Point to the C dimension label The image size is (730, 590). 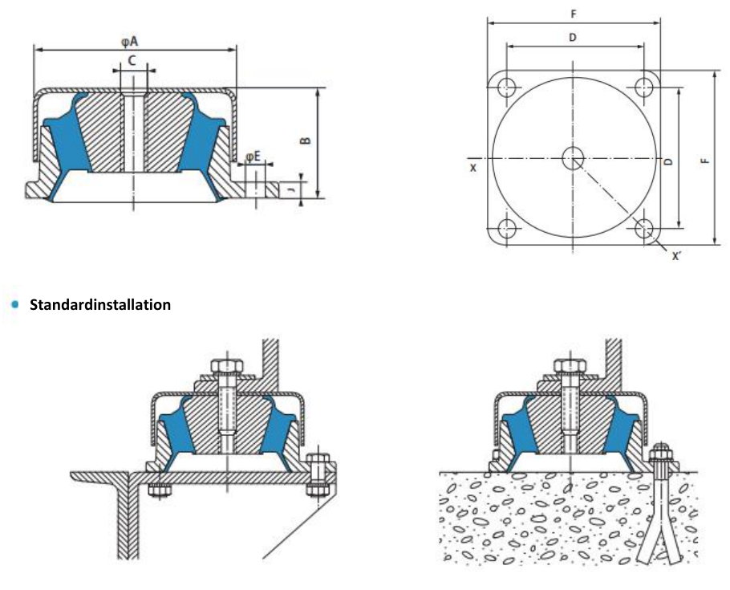pos(132,60)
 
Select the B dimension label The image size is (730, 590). pos(306,140)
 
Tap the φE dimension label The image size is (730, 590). pos(253,156)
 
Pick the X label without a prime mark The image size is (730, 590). pos(473,168)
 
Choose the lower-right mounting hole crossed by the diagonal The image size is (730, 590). pos(644,228)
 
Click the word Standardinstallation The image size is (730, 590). pos(100,305)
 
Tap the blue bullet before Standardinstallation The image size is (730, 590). pos(14,305)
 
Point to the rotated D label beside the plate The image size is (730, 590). pos(669,161)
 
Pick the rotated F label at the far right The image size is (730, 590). pos(705,160)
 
